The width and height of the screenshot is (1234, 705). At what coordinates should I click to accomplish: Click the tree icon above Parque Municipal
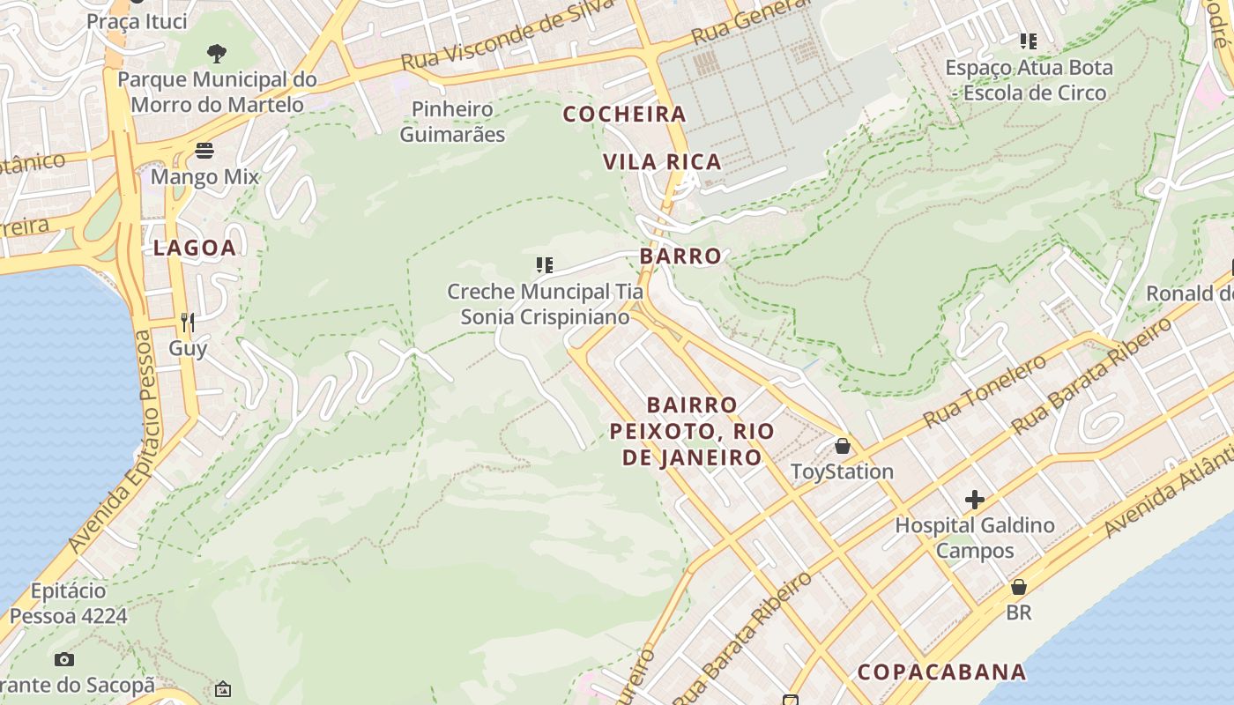[217, 54]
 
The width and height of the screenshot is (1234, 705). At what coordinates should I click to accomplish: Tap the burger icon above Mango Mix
[204, 151]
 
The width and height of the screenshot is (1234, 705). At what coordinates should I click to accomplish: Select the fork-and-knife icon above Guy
[187, 322]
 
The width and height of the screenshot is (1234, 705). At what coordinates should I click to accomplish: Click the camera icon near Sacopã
[63, 659]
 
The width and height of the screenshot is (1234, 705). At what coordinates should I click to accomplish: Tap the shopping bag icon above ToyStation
[843, 446]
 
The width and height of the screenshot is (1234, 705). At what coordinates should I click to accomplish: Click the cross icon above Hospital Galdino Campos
[974, 500]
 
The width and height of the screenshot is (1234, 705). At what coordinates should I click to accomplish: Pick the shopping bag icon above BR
[1019, 586]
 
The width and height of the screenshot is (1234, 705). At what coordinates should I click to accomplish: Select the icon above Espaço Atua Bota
[1028, 41]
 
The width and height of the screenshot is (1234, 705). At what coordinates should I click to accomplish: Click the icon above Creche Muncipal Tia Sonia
[545, 264]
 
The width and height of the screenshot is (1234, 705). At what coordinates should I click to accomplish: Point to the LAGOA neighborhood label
[195, 248]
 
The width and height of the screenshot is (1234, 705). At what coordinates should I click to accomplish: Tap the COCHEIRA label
[624, 114]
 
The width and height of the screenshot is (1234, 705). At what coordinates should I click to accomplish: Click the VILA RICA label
[663, 161]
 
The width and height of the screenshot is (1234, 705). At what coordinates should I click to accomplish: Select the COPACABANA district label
[942, 672]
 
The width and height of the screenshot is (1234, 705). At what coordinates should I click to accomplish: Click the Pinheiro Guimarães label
[452, 122]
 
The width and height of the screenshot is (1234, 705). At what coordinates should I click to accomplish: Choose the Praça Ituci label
[137, 21]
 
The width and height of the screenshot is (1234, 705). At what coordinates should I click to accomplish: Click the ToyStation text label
[842, 471]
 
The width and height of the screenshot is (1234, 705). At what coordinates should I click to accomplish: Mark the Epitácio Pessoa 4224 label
[69, 603]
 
